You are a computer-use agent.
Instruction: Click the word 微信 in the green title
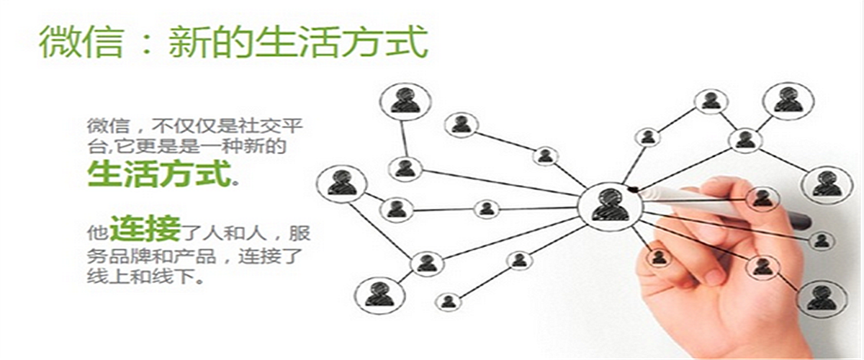click(x=81, y=42)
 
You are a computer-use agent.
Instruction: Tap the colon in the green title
click(x=148, y=44)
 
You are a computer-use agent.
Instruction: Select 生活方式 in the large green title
click(x=342, y=42)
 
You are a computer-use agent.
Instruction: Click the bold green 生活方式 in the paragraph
click(x=159, y=174)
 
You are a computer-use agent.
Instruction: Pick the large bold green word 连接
click(x=145, y=228)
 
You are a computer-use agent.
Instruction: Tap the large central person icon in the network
click(x=611, y=206)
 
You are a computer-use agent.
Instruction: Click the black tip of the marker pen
click(x=632, y=189)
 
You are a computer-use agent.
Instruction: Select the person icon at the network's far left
click(x=341, y=184)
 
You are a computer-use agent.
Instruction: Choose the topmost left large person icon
click(x=405, y=101)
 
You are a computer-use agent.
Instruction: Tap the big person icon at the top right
click(x=788, y=100)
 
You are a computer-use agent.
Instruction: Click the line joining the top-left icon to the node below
click(x=402, y=138)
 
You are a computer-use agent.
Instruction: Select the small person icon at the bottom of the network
click(x=448, y=302)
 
